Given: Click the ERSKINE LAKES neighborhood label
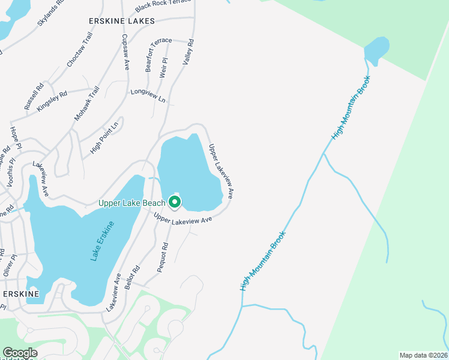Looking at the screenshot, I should [121, 21].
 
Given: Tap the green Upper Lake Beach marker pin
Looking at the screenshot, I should [175, 202].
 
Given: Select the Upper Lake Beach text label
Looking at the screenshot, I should [132, 203].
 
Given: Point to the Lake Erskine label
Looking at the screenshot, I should [102, 241].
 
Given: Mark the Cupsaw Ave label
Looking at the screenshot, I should [125, 52].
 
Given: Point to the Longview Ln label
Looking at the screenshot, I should [148, 96].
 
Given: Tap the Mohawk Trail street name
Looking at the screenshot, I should [87, 104].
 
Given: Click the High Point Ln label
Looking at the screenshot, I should [104, 137].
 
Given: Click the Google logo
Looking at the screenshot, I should [20, 353].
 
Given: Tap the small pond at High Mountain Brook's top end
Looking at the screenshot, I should [376, 50].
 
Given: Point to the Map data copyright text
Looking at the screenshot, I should [423, 355].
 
